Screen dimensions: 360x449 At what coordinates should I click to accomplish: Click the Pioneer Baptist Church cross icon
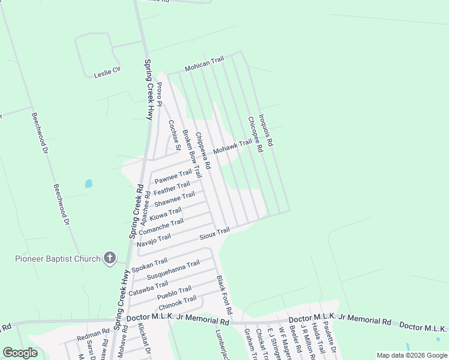point(109,258)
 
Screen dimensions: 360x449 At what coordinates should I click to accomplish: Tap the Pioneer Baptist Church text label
point(58,259)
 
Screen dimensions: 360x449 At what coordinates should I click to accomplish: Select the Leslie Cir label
point(107,73)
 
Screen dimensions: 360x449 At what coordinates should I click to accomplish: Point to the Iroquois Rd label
point(265,131)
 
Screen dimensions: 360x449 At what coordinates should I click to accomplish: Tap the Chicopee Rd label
point(255,134)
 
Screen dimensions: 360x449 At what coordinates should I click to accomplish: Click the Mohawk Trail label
point(232,146)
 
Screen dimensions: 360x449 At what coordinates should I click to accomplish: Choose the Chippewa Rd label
point(203,150)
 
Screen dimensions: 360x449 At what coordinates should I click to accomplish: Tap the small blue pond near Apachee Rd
point(89,184)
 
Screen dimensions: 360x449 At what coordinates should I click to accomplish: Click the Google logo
point(20,353)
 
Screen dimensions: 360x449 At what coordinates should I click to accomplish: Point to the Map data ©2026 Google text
point(412,355)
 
